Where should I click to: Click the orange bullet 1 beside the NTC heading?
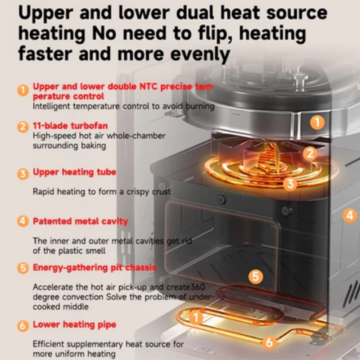[x=23, y=90]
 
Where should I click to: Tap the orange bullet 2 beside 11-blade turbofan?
[x=23, y=127]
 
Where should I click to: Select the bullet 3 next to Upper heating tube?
[x=23, y=174]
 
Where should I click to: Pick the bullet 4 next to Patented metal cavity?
[x=23, y=221]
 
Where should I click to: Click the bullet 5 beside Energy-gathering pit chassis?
[x=23, y=269]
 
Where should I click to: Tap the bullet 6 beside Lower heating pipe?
[x=23, y=325]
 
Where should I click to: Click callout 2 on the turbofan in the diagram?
[x=310, y=154]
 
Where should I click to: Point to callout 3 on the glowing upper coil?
[x=291, y=183]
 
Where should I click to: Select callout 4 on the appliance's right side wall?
[x=350, y=216]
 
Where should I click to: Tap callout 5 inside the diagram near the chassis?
[x=256, y=276]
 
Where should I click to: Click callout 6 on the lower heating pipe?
[x=269, y=342]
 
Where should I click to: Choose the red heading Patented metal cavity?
[x=80, y=221]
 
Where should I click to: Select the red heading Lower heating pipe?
[x=74, y=324]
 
